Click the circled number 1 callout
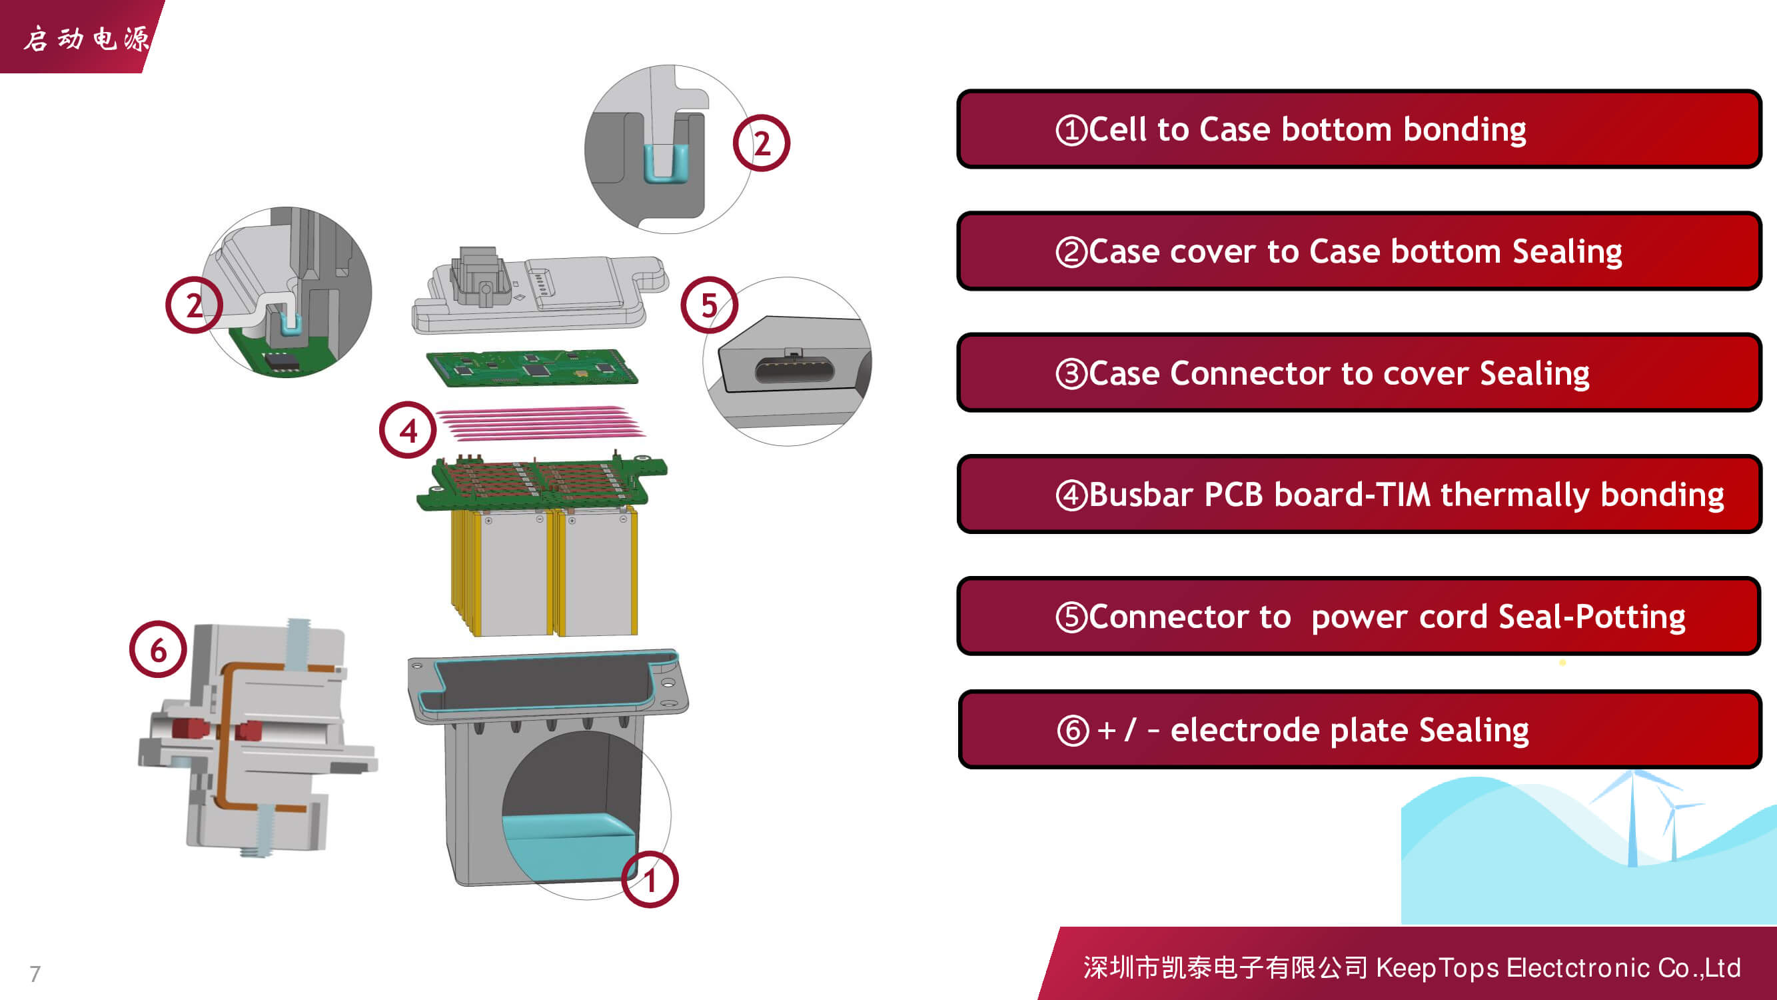pyautogui.click(x=649, y=879)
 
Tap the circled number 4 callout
pyautogui.click(x=408, y=430)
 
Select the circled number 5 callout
pyautogui.click(x=709, y=305)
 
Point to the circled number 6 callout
pyautogui.click(x=158, y=649)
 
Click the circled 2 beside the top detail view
pyautogui.click(x=762, y=143)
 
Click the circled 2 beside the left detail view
pyautogui.click(x=194, y=305)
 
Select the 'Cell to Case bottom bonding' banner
pyautogui.click(x=1359, y=129)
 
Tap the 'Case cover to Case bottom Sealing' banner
pyautogui.click(x=1359, y=251)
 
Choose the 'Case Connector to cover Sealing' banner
pyautogui.click(x=1359, y=373)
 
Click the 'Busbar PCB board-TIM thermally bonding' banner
pyautogui.click(x=1359, y=494)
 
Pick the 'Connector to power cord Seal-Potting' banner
pyautogui.click(x=1359, y=616)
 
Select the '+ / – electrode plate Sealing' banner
pyautogui.click(x=1359, y=729)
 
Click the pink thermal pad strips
pyautogui.click(x=542, y=423)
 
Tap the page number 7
pyautogui.click(x=35, y=974)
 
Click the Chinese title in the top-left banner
pyautogui.click(x=86, y=39)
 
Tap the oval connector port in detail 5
pyautogui.click(x=794, y=371)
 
